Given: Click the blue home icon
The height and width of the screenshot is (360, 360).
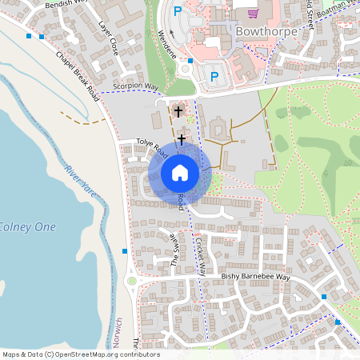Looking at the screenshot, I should pyautogui.click(x=180, y=172).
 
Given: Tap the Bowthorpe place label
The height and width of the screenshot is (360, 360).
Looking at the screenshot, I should pyautogui.click(x=267, y=30).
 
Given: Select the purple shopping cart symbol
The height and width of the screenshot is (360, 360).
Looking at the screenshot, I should pyautogui.click(x=254, y=13).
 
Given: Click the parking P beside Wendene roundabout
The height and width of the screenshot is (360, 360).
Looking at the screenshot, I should pyautogui.click(x=214, y=76).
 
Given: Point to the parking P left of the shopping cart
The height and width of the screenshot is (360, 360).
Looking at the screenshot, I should pyautogui.click(x=178, y=12).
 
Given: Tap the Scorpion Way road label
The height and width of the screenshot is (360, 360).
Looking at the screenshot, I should pyautogui.click(x=137, y=86).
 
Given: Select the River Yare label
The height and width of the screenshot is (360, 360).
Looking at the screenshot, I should pyautogui.click(x=80, y=180).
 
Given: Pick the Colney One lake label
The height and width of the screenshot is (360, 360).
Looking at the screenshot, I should pyautogui.click(x=28, y=227).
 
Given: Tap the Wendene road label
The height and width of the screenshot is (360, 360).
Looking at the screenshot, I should pyautogui.click(x=166, y=44).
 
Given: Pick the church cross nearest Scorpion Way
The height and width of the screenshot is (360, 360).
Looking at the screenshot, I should pyautogui.click(x=178, y=111).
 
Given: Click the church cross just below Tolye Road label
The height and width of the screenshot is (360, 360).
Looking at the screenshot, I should pyautogui.click(x=182, y=139).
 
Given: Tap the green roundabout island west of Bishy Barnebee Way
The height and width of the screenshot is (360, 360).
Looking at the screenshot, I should pyautogui.click(x=131, y=280).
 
